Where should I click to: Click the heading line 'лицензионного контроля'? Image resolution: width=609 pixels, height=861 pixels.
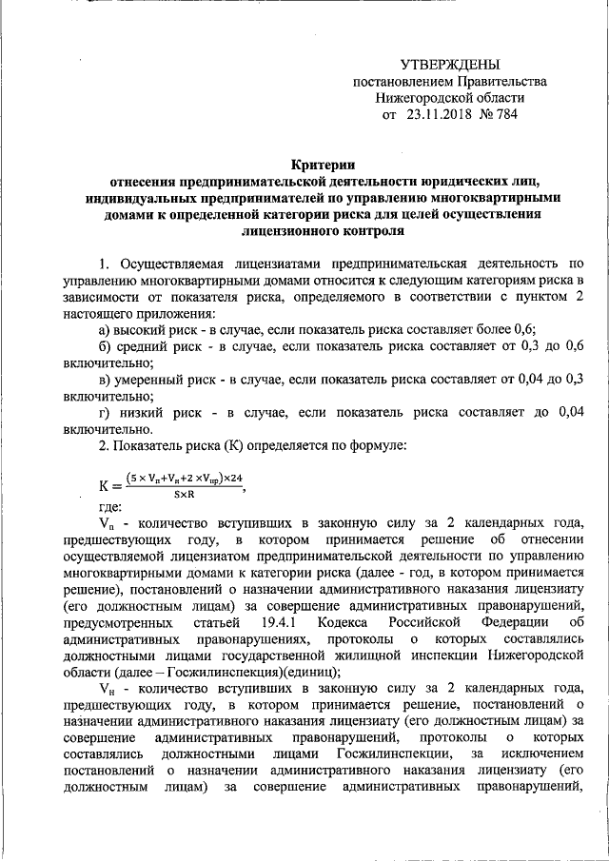pyautogui.click(x=324, y=230)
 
